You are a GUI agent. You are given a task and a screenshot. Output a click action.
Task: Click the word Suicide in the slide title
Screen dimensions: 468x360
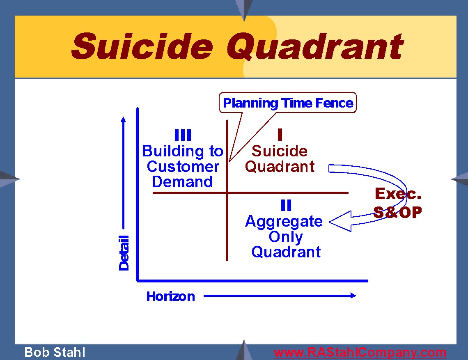(x=142, y=46)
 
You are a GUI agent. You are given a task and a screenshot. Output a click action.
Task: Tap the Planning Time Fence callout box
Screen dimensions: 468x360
(x=288, y=103)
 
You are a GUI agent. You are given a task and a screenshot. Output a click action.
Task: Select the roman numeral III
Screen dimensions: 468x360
(x=183, y=135)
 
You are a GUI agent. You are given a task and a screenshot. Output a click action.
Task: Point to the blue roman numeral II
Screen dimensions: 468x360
(x=286, y=205)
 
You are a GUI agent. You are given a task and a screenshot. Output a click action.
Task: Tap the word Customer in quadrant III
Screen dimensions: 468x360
(x=183, y=167)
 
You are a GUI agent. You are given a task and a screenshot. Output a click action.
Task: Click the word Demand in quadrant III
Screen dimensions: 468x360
(x=182, y=182)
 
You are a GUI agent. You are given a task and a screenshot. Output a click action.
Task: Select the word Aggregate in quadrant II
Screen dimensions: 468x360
(x=284, y=222)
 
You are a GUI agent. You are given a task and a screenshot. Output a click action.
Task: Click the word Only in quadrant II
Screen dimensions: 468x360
(x=286, y=237)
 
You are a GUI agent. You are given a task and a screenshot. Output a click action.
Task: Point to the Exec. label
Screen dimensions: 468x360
(x=398, y=194)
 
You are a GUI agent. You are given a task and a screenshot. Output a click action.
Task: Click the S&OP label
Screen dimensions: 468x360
(x=397, y=212)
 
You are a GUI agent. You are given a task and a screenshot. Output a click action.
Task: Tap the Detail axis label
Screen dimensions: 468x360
(x=124, y=253)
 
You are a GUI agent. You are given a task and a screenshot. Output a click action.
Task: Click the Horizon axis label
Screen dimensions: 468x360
(x=170, y=296)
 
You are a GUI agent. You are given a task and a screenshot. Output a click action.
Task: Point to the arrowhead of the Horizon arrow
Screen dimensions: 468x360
(x=353, y=296)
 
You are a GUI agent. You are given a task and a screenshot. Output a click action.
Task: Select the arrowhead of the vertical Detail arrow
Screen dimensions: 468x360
(x=123, y=119)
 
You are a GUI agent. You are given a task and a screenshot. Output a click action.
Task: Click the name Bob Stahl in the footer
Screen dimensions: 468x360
(x=55, y=352)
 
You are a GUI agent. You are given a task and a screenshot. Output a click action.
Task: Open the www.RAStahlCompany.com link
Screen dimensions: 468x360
(x=360, y=353)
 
